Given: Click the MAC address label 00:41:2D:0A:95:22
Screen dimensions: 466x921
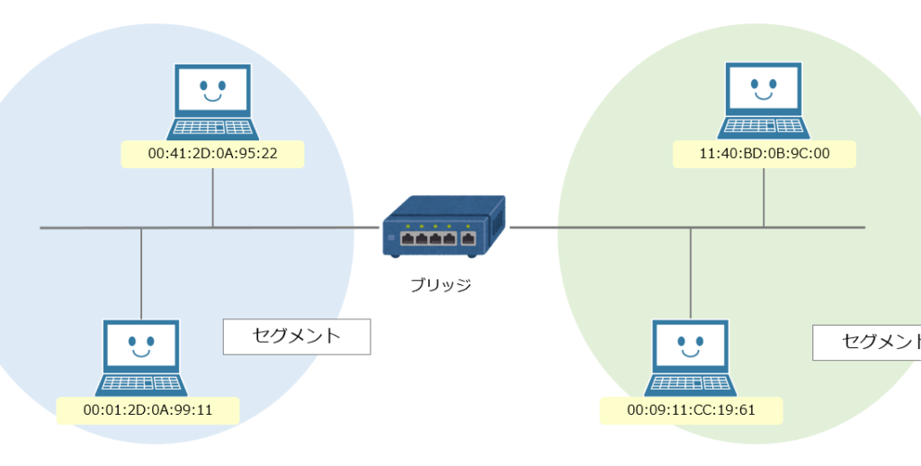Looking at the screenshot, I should pos(212,154).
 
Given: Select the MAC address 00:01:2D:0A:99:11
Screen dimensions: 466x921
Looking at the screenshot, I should pos(148,411).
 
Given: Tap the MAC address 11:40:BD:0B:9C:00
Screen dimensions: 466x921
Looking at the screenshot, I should pos(764,154).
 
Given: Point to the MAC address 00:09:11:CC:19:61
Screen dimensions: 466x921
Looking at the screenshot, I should pos(691,411).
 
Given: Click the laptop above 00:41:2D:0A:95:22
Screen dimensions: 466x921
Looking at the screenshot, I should pos(212,99).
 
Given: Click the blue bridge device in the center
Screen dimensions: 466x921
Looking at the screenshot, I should pos(443,227).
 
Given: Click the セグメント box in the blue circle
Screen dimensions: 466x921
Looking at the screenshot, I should pos(297,336).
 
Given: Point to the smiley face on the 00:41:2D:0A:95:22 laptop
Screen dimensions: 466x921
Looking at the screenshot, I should pos(212,90).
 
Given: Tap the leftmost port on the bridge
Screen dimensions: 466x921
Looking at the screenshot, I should pos(407,239).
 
